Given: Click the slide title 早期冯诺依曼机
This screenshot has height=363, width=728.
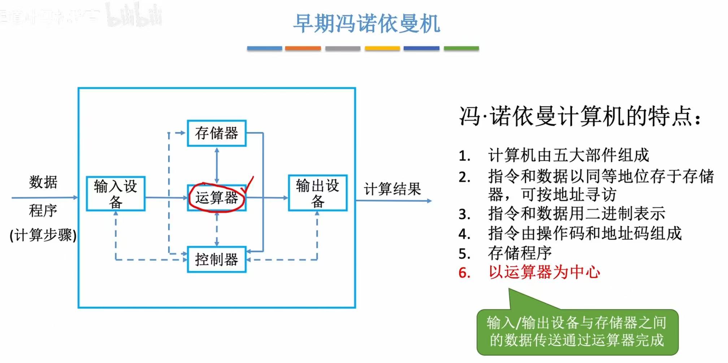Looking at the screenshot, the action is coord(366,24).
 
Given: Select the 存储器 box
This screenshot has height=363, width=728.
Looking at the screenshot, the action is coord(217,133).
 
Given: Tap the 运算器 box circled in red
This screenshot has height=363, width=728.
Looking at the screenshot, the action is coord(217,198).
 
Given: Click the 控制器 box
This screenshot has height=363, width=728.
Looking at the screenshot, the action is coord(217,259).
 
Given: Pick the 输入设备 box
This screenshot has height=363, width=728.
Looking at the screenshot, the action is coord(116,194).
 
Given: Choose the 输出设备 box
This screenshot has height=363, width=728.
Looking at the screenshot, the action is coord(317,193).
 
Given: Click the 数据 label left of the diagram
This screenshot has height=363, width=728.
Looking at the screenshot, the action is coord(43,182).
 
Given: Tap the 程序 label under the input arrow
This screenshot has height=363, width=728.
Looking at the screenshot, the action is coord(43,211).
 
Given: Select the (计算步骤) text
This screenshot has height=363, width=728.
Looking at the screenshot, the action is coord(43,235).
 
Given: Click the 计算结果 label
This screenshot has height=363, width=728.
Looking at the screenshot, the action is coord(392,189).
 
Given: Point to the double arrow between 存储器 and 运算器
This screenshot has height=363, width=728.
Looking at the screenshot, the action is coord(217,165).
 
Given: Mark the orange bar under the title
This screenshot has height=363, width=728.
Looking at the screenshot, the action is coord(303,48).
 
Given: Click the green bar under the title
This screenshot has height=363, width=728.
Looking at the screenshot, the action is coord(461,48).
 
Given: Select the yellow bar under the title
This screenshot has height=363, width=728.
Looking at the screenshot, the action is coord(382,48).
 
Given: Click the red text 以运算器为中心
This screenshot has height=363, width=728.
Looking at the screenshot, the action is coord(544,272).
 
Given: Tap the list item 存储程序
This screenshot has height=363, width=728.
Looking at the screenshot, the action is coord(520,253).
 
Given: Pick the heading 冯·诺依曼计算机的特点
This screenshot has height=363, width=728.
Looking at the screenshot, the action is coord(580,116).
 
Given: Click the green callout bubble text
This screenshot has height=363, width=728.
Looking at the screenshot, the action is coord(577,331).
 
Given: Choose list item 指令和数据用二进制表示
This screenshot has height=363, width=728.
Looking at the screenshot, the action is coord(576,214).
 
